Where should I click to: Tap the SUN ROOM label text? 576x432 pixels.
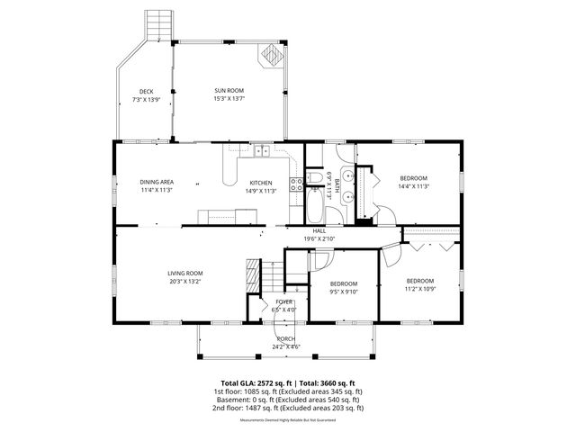[229, 91]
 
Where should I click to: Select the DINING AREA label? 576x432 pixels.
[156, 182]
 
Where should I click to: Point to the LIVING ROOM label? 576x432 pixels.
[184, 273]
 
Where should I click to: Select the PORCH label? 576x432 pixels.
[285, 338]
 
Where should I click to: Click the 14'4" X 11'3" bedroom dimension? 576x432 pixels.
[414, 186]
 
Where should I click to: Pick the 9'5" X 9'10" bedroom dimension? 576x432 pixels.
[342, 291]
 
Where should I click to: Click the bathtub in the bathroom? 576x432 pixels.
[316, 206]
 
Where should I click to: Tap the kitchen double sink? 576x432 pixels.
[262, 151]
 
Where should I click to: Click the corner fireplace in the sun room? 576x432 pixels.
[270, 56]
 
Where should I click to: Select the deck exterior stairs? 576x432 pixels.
[159, 23]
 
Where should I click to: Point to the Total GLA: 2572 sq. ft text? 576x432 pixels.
[253, 382]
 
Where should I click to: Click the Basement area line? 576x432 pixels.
[288, 400]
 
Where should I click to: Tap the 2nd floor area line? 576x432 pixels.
[288, 408]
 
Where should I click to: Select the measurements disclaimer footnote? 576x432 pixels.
[288, 420]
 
